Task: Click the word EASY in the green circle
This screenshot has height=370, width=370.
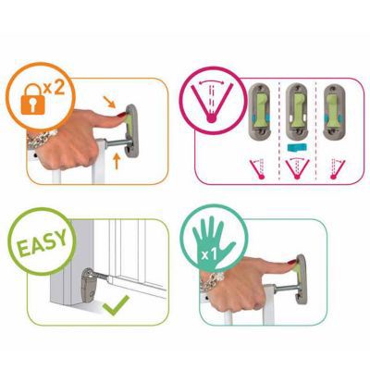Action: [42, 243]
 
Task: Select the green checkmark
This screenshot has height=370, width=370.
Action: [116, 305]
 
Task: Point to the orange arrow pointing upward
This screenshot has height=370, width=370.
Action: [117, 162]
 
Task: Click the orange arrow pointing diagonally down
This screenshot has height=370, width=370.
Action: [109, 102]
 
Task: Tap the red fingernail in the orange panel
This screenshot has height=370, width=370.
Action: [121, 116]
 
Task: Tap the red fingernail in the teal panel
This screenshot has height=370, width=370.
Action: [291, 263]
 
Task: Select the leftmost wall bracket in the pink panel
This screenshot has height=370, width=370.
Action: [260, 111]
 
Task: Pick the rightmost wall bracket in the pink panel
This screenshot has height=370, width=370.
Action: [334, 111]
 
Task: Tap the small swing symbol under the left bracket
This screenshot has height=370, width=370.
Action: [259, 168]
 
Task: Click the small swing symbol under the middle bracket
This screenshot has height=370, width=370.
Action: [297, 168]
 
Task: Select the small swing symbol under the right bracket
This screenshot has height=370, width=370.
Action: [337, 168]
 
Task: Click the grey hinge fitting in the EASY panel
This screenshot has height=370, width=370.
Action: [89, 285]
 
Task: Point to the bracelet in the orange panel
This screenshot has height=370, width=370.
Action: [42, 139]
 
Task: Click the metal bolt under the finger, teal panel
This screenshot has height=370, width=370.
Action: [284, 290]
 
